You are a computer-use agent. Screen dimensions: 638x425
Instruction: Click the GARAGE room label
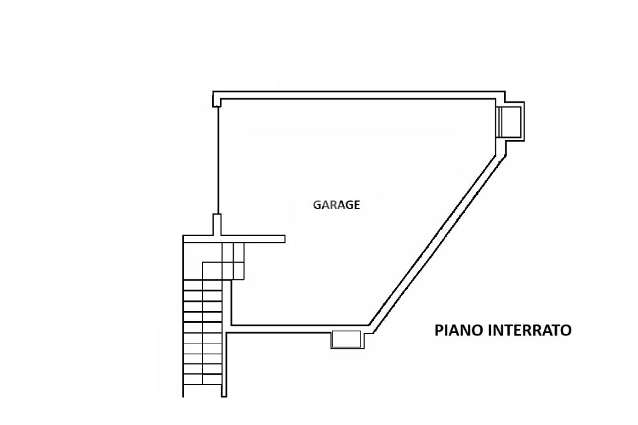[336, 205]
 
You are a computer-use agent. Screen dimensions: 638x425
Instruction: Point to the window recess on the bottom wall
[346, 339]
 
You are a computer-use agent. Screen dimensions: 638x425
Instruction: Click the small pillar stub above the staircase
[217, 224]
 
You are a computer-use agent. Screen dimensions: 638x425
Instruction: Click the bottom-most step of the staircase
[202, 386]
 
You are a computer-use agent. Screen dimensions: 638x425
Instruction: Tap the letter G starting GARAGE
[317, 205]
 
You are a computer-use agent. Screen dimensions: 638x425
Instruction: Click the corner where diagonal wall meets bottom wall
[371, 326]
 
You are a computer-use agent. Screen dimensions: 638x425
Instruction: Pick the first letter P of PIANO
[439, 330]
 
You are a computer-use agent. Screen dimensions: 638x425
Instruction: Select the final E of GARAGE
[356, 205]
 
